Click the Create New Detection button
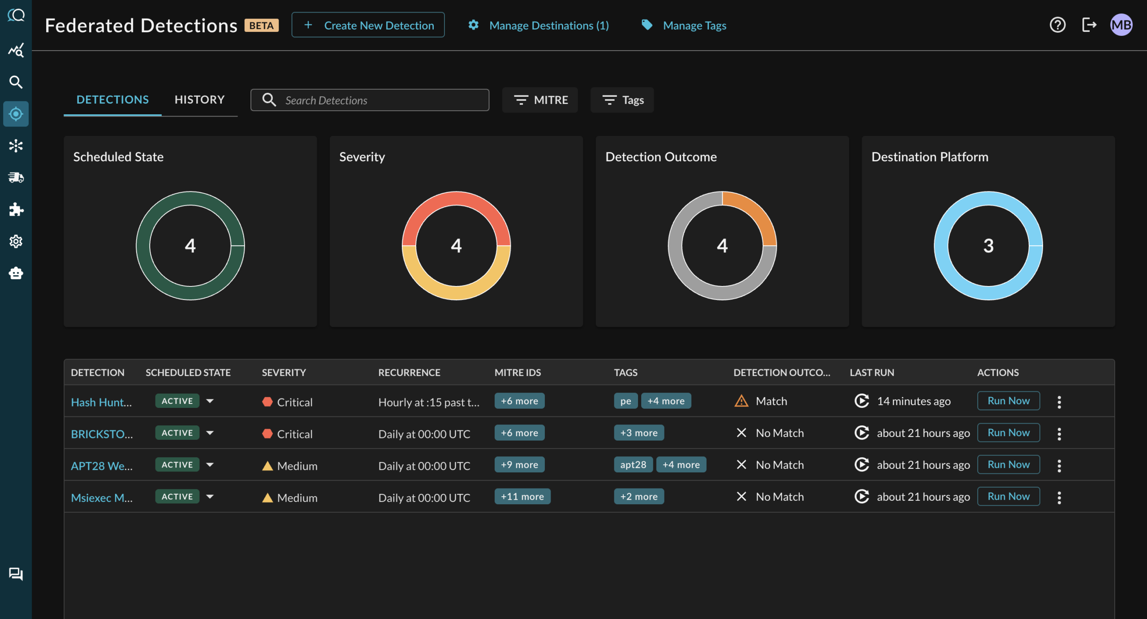[x=368, y=25]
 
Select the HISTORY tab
[x=199, y=100]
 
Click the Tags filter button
[x=622, y=100]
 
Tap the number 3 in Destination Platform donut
[x=988, y=246]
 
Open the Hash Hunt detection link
[x=101, y=402]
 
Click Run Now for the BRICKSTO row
[x=1008, y=433]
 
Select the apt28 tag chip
[x=633, y=465]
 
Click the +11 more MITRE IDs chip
[x=522, y=497]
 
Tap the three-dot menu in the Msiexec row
[x=1059, y=497]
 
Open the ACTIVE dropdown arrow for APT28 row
[x=210, y=465]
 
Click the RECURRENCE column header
[x=409, y=372]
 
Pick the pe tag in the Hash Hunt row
[x=625, y=401]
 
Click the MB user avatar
[x=1121, y=25]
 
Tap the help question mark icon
[x=1057, y=25]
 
